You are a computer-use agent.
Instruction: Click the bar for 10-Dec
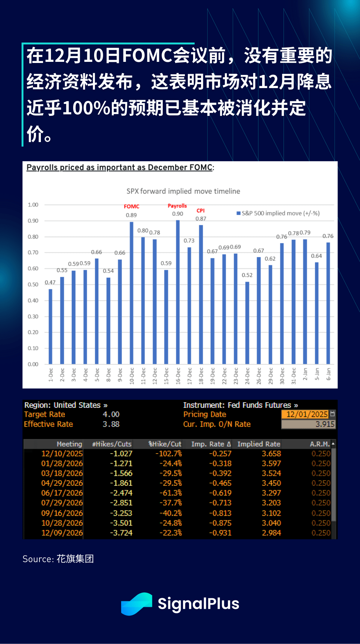point(132,293)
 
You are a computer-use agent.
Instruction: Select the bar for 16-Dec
point(178,292)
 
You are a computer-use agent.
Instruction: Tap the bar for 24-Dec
point(247,323)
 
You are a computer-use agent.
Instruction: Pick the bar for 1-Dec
point(51,326)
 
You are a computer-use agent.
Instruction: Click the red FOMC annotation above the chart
point(131,207)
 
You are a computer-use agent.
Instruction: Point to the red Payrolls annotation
point(177,206)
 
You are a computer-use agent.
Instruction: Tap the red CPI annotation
point(201,211)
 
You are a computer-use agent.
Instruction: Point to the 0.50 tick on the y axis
point(33,285)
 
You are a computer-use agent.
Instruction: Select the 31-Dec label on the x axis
point(294,376)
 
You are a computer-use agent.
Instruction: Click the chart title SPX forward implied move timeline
point(183,191)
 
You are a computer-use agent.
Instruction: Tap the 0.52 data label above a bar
point(247,275)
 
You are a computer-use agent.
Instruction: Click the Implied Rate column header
point(259,444)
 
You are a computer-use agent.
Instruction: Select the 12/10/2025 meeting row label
point(62,454)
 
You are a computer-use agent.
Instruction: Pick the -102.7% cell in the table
point(168,454)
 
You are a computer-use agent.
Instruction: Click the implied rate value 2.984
point(271,533)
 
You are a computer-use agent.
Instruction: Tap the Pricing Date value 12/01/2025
point(307,414)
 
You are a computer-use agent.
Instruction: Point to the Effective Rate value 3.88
point(111,424)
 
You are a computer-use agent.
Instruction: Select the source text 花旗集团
point(75,559)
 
